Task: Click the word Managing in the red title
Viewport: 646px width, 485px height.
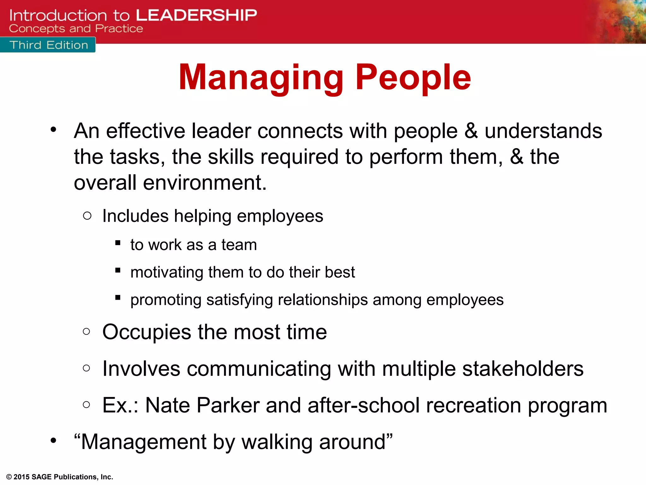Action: click(x=261, y=77)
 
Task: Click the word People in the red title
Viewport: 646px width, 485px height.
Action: click(x=413, y=77)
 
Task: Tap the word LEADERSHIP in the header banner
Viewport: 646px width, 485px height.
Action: click(x=196, y=15)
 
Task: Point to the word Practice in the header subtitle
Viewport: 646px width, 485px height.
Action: click(x=119, y=29)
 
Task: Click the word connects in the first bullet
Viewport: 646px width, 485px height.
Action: click(x=300, y=131)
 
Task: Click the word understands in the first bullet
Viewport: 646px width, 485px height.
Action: click(x=543, y=131)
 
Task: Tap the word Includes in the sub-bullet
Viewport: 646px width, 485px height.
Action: click(x=135, y=216)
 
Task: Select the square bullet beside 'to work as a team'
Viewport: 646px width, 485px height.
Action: click(x=118, y=243)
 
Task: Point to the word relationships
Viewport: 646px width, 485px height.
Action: click(x=323, y=300)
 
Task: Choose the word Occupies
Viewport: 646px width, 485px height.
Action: click(x=147, y=332)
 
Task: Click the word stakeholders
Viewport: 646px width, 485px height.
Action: click(x=523, y=368)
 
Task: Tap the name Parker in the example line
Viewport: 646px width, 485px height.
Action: click(x=228, y=405)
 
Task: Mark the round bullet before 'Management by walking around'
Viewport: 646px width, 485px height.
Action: click(x=53, y=440)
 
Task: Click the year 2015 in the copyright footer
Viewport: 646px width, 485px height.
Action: click(x=21, y=477)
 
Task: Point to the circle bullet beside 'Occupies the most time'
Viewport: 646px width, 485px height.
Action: click(x=86, y=331)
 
